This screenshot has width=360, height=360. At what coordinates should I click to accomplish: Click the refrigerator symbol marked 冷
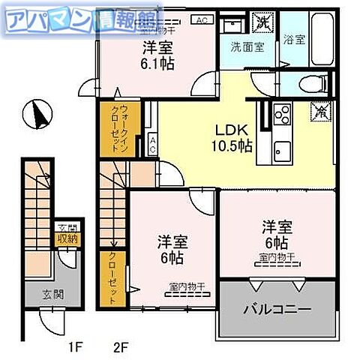[319, 112]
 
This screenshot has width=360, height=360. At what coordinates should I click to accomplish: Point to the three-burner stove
[282, 115]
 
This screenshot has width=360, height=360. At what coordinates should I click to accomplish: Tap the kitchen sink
[282, 147]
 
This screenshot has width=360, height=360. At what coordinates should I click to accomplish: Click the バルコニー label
[274, 309]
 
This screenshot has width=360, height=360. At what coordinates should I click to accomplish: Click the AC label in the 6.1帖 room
[202, 20]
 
